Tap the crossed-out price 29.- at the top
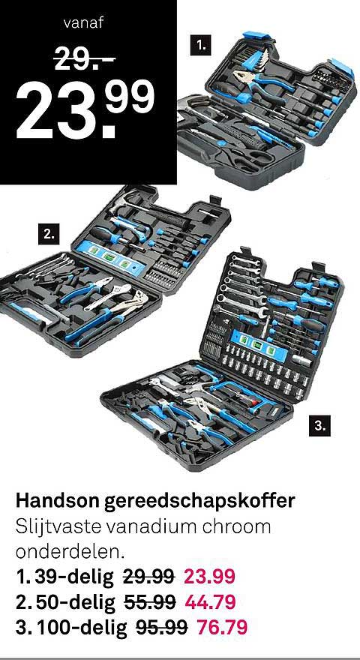[x=82, y=60]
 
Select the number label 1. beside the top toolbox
[x=199, y=46]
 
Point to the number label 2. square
[x=49, y=234]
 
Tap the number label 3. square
[x=320, y=427]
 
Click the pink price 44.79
[x=211, y=601]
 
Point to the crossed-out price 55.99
[x=149, y=601]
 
